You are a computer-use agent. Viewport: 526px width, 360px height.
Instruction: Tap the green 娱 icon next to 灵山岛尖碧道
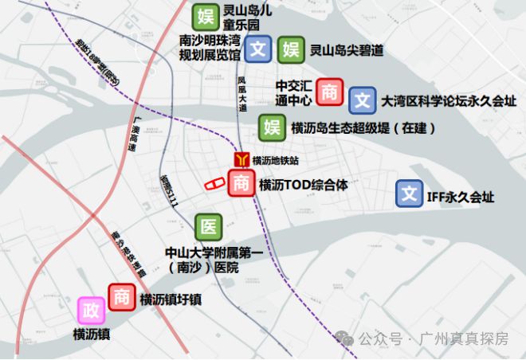point(289,50)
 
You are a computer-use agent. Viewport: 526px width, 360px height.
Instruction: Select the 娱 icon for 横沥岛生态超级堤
point(273,127)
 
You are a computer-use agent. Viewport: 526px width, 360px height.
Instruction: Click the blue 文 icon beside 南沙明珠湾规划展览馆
point(257,50)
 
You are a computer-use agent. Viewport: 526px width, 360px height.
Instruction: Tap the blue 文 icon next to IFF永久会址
point(410,194)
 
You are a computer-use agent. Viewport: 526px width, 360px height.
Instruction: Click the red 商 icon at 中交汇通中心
point(329,92)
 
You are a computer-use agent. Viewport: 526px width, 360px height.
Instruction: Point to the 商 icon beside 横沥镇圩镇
point(122,297)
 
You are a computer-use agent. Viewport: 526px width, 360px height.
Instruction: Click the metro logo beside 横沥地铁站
point(241,160)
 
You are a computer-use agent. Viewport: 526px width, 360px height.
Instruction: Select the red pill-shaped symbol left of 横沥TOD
point(215,184)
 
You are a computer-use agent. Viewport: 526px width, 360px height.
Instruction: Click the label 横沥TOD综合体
point(303,185)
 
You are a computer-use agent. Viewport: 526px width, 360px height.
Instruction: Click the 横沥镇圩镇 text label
point(170,299)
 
